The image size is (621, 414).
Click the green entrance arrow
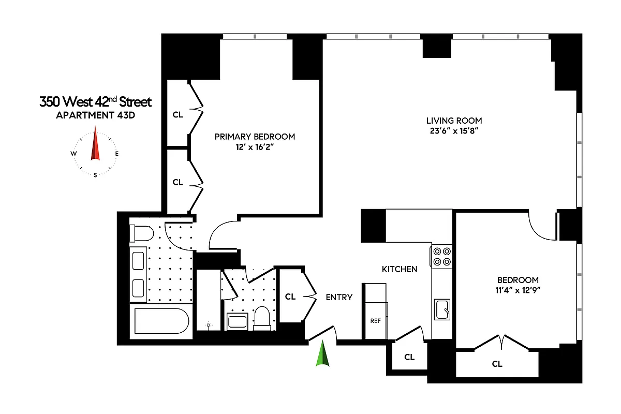(x=323, y=354)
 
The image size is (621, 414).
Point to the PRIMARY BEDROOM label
(x=255, y=137)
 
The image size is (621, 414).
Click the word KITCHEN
(x=399, y=269)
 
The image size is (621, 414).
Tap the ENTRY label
(x=339, y=297)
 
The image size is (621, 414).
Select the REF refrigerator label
(x=375, y=321)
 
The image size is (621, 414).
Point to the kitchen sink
(x=442, y=309)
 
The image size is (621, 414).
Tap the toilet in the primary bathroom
(x=141, y=234)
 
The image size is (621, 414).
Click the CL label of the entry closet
(x=290, y=297)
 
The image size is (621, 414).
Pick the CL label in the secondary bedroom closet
(x=497, y=364)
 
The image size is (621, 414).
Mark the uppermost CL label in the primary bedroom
(x=178, y=115)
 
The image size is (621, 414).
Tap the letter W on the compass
(x=74, y=154)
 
